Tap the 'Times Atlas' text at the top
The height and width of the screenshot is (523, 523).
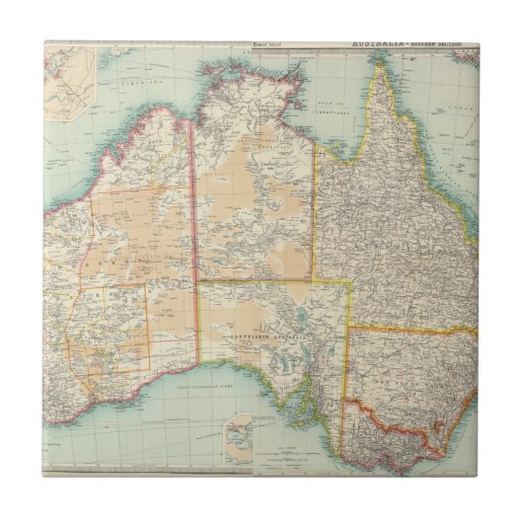click(266, 44)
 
